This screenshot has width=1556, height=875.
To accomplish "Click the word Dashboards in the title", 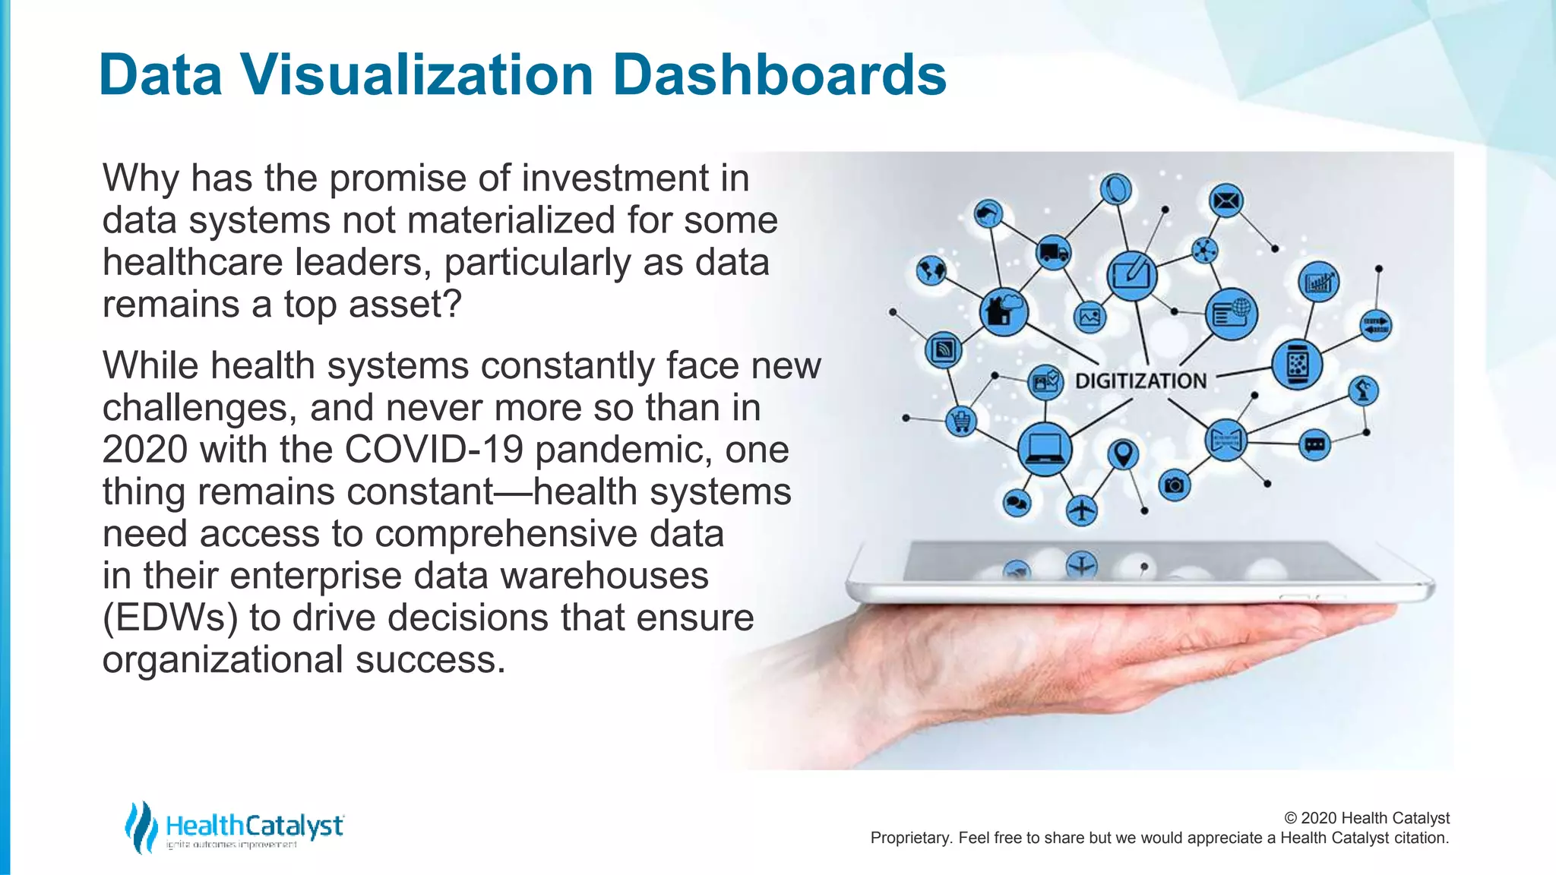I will coord(779,75).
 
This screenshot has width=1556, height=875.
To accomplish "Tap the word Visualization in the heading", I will coord(417,75).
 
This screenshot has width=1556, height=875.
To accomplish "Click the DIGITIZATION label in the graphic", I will coord(1140,381).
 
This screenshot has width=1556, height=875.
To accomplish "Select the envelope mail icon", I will coord(1226,201).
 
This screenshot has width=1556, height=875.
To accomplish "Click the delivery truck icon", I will coord(1053,252).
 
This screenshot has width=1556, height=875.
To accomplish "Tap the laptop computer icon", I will coord(1045,449).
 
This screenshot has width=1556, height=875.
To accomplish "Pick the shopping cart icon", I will coord(961,420).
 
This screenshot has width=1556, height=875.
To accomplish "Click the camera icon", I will coord(1174,485).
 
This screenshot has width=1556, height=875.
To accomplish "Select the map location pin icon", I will coord(1123,454).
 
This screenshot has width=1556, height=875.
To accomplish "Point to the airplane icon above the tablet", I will coord(1081,510).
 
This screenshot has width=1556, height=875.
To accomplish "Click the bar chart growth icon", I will coord(1319,283).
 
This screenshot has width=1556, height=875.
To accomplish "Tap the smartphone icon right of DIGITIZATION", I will coord(1297,365).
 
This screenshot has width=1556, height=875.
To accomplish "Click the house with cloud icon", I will coord(1004,311).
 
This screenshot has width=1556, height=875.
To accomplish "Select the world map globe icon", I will coord(931,270).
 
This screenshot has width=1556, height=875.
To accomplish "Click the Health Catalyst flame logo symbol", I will coord(140,826).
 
